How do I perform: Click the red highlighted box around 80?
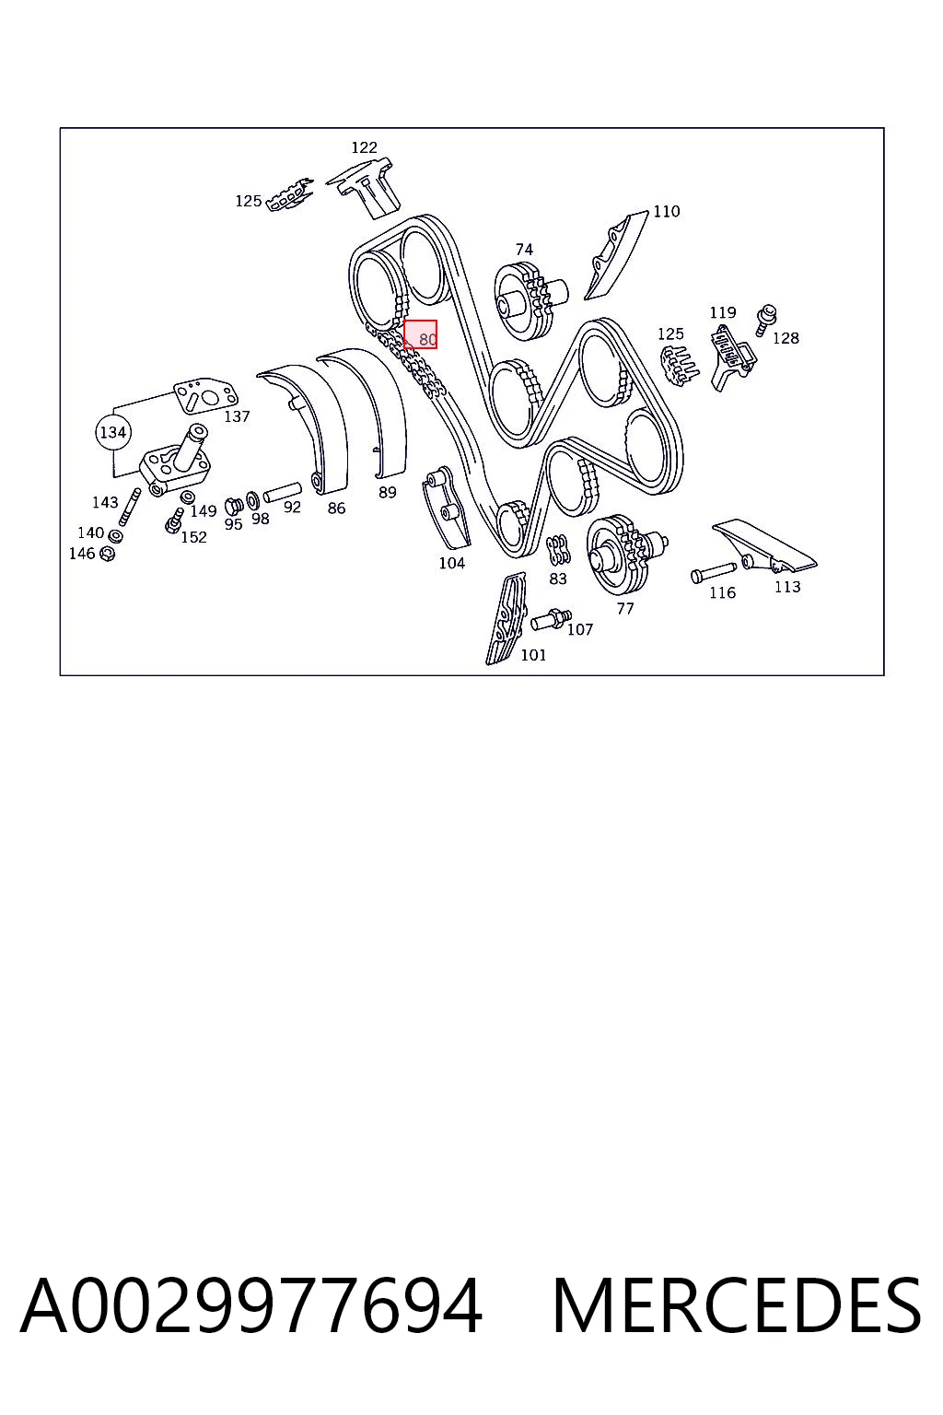pyautogui.click(x=420, y=334)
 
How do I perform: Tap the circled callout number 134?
pyautogui.click(x=113, y=433)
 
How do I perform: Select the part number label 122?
pyautogui.click(x=364, y=147)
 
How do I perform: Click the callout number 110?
pyautogui.click(x=667, y=212)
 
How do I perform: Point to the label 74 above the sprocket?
pyautogui.click(x=524, y=250)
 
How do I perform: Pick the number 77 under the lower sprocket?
pyautogui.click(x=625, y=609)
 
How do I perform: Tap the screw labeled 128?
pyautogui.click(x=766, y=321)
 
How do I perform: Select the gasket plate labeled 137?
pyautogui.click(x=205, y=395)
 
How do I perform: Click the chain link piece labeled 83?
pyautogui.click(x=558, y=550)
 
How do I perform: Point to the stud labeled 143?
pyautogui.click(x=130, y=508)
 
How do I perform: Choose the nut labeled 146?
pyautogui.click(x=108, y=555)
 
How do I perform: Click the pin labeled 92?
pyautogui.click(x=283, y=492)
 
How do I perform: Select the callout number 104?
pyautogui.click(x=452, y=564)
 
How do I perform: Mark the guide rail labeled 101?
pyautogui.click(x=506, y=618)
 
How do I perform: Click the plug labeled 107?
pyautogui.click(x=552, y=620)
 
